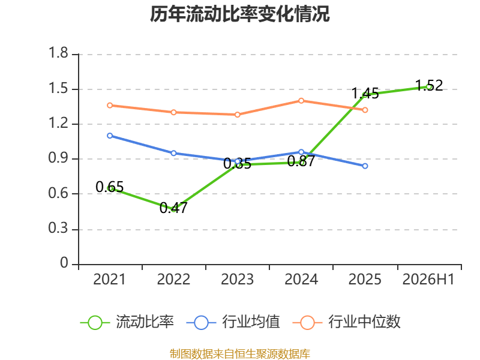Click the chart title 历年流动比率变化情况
tap(239, 14)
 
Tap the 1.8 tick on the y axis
tap(58, 53)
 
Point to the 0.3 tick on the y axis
tap(58, 228)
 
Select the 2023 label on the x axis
tap(237, 279)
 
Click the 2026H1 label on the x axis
tap(428, 279)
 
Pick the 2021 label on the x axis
tap(110, 279)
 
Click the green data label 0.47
tap(173, 208)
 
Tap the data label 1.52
tap(429, 85)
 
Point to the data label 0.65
tap(110, 187)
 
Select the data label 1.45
tap(365, 94)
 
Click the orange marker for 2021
tap(110, 106)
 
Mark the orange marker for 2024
tap(301, 101)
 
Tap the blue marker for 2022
tap(173, 153)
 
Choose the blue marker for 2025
tap(365, 166)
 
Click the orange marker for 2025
tap(365, 110)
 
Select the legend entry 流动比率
tap(127, 322)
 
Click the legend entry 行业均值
tap(233, 322)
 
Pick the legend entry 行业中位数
tap(347, 322)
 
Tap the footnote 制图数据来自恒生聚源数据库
tap(240, 353)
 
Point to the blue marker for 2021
tap(110, 136)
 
